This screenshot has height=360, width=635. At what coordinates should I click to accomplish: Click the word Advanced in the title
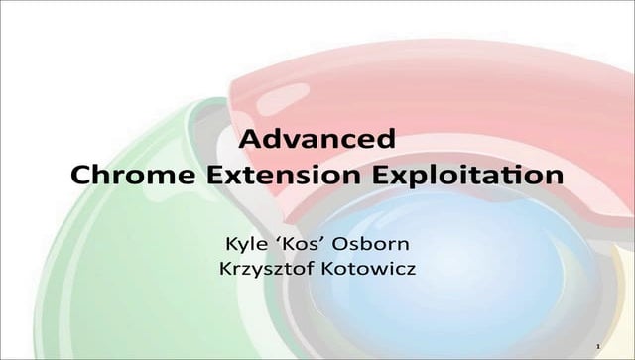318,138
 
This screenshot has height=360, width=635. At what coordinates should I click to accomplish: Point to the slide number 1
598,344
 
